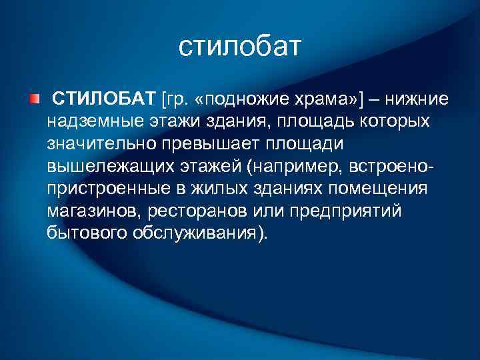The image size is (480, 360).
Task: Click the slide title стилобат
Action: click(240, 47)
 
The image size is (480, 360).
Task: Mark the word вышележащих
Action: click(101, 166)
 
